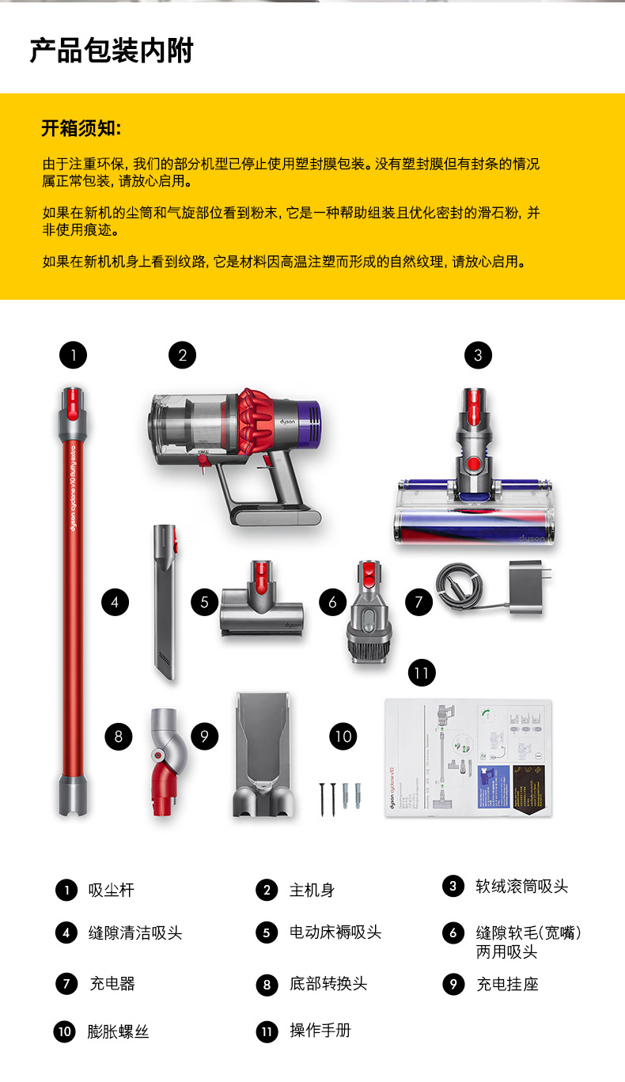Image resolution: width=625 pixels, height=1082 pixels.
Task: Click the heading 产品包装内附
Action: point(111,51)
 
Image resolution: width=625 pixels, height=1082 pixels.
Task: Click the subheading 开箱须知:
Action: point(81,128)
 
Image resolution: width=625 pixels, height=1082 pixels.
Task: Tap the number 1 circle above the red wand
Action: point(74,355)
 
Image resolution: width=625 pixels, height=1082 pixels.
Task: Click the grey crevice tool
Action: point(163,601)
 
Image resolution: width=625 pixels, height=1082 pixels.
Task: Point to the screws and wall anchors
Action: point(341,791)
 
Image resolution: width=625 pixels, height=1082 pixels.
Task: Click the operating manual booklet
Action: point(468,757)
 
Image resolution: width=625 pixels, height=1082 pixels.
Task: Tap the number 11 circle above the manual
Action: point(421,673)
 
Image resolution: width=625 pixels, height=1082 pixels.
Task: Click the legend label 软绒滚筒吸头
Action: point(521,887)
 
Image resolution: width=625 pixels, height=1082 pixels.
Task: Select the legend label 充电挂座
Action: point(507,985)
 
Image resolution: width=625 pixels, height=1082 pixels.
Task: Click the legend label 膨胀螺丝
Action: point(118,1032)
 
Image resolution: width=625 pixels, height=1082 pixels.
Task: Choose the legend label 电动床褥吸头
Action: point(335,933)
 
